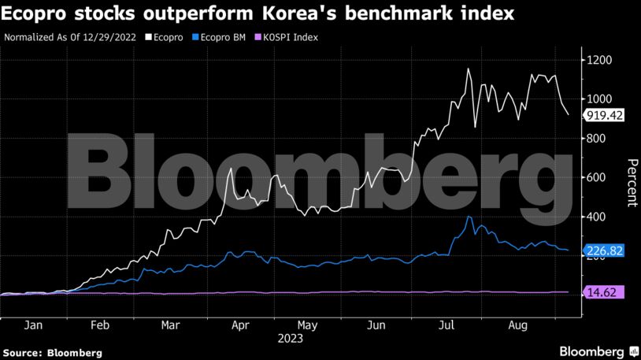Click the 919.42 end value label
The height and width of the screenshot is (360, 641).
pos(604,116)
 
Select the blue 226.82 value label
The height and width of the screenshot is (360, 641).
pos(604,251)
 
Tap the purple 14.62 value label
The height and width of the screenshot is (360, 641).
pos(604,292)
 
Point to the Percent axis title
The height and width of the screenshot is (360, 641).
pos(631,181)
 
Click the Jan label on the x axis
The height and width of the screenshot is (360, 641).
pos(33,325)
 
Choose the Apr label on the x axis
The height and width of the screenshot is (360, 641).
pos(240,325)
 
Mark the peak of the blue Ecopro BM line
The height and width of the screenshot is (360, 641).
pos(469,217)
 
